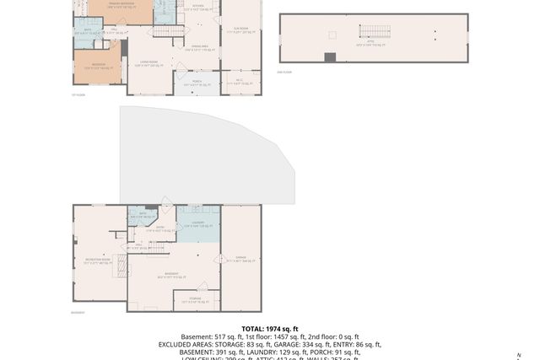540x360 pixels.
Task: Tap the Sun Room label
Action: [240, 30]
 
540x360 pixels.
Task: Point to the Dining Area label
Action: [199, 47]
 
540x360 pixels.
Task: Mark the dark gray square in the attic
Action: [330, 57]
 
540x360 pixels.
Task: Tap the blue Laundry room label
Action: [197, 224]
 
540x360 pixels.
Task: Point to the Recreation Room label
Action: [94, 261]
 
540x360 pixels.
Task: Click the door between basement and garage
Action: [220, 259]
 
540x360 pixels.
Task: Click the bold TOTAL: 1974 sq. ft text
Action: [270, 329]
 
